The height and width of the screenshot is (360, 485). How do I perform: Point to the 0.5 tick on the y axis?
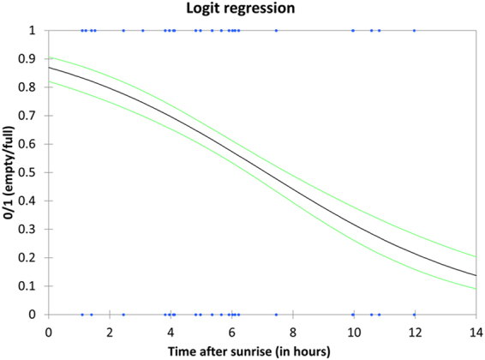tap(32, 172)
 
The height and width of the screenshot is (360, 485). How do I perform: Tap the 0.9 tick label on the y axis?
tap(32, 58)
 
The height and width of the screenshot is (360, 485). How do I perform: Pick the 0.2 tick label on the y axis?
tap(32, 257)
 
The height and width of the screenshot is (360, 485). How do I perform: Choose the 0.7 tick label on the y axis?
tap(32, 115)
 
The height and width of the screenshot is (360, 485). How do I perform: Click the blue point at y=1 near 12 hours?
tap(414, 30)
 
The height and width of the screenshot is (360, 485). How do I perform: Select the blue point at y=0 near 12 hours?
tap(414, 314)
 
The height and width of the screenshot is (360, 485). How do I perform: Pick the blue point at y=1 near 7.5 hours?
tap(276, 30)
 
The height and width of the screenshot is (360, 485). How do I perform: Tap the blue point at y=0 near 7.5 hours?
tap(276, 314)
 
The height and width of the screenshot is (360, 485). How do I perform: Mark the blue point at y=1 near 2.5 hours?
tap(123, 30)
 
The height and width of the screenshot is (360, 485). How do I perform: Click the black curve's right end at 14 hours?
tap(475, 275)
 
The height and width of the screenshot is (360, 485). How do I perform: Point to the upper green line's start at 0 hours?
tap(49, 57)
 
